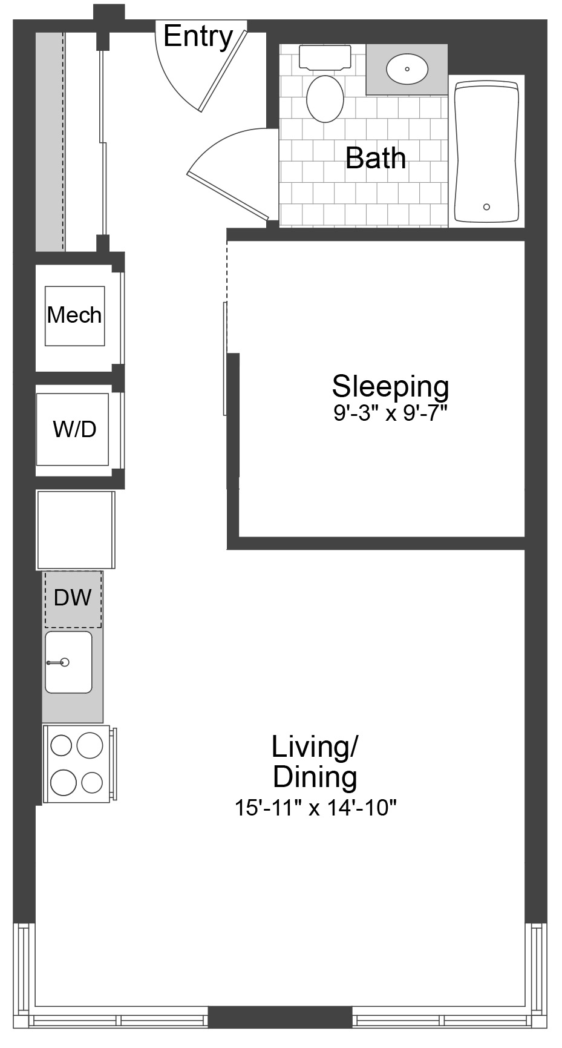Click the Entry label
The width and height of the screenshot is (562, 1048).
click(x=198, y=37)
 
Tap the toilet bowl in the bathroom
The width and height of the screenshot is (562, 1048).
click(x=325, y=99)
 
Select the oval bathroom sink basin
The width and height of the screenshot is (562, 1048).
click(x=407, y=69)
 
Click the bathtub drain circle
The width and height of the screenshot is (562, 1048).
click(x=487, y=207)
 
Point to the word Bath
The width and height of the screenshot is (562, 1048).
click(x=376, y=158)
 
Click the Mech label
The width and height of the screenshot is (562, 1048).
click(x=74, y=315)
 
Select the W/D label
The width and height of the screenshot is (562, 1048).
click(x=74, y=429)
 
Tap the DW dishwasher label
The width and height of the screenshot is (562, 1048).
click(x=73, y=598)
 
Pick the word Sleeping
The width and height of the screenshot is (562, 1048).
click(x=390, y=387)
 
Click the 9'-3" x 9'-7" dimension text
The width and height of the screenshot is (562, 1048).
click(x=390, y=414)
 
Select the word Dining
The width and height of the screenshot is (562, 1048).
click(x=315, y=777)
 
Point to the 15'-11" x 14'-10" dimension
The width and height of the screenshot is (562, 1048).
click(x=315, y=808)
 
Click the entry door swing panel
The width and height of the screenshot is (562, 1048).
click(x=224, y=67)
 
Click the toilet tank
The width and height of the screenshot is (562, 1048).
click(x=325, y=59)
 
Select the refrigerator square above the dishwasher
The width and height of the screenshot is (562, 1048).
click(x=76, y=530)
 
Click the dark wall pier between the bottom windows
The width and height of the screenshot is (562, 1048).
click(x=280, y=1017)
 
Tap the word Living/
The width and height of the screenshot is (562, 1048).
click(x=315, y=746)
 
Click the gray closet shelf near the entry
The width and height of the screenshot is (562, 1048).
click(x=50, y=141)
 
